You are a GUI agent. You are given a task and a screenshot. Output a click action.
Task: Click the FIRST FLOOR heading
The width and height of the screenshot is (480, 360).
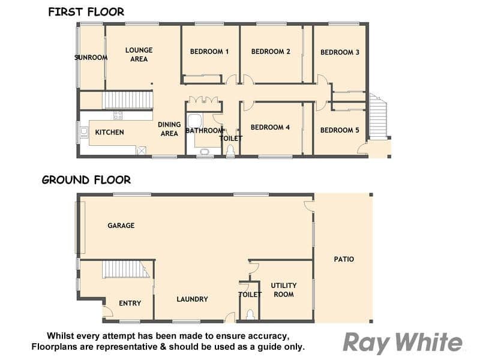[x=86, y=12]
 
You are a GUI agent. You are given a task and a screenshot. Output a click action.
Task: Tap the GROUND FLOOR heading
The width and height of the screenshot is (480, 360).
[x=86, y=179]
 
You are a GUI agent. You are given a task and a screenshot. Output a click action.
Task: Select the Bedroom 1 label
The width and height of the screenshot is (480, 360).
[x=209, y=52]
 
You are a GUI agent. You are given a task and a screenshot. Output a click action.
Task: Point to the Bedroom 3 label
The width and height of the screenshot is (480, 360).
[x=340, y=52]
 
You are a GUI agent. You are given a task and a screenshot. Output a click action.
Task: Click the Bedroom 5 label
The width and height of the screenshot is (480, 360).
[x=340, y=130]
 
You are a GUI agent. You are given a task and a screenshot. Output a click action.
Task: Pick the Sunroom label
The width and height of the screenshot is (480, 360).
[x=91, y=58]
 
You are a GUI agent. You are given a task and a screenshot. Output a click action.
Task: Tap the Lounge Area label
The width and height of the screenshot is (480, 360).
[x=139, y=55]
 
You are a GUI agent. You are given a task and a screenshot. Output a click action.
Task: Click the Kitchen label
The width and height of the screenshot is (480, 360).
[x=109, y=132]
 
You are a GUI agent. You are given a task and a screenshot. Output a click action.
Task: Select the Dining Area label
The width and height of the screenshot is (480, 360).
[x=169, y=129]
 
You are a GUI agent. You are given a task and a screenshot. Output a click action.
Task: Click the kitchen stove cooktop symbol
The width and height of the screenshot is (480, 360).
[x=118, y=115]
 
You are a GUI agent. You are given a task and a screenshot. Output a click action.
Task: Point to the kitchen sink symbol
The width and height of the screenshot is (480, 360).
[x=83, y=132]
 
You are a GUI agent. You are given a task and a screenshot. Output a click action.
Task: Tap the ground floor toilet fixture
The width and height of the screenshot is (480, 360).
[x=250, y=315]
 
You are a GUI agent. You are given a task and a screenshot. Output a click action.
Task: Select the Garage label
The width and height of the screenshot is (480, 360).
[x=121, y=226]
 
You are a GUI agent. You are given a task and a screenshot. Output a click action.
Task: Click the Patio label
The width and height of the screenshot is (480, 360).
[x=344, y=259]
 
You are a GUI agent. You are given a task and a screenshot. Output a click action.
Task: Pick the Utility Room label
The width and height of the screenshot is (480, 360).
[x=284, y=290]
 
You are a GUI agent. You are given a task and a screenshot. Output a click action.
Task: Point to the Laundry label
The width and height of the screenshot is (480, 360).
[x=192, y=299]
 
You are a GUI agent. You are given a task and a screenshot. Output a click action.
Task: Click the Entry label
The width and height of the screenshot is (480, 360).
[x=130, y=303]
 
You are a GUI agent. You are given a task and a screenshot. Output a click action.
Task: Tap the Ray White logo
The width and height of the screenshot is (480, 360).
[x=403, y=342]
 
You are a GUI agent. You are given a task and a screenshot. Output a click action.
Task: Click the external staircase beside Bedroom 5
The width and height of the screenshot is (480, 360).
[x=378, y=116]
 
